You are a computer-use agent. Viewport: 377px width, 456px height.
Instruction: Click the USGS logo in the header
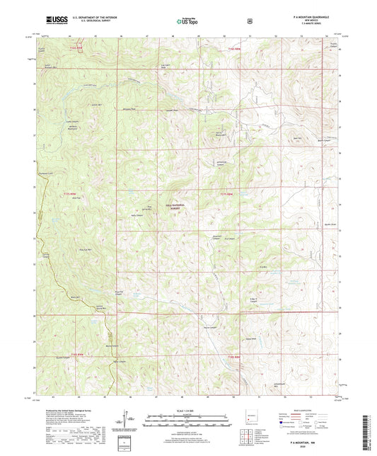click(x=54, y=21)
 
